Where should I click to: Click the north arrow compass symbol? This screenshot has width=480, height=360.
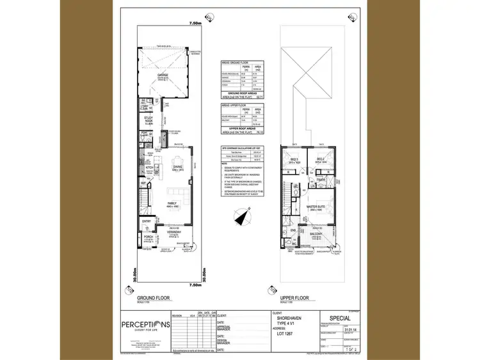pyautogui.click(x=241, y=218)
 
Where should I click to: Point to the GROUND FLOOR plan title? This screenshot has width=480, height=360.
pyautogui.click(x=154, y=298)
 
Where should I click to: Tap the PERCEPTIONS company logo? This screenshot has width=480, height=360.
pyautogui.click(x=146, y=324)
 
